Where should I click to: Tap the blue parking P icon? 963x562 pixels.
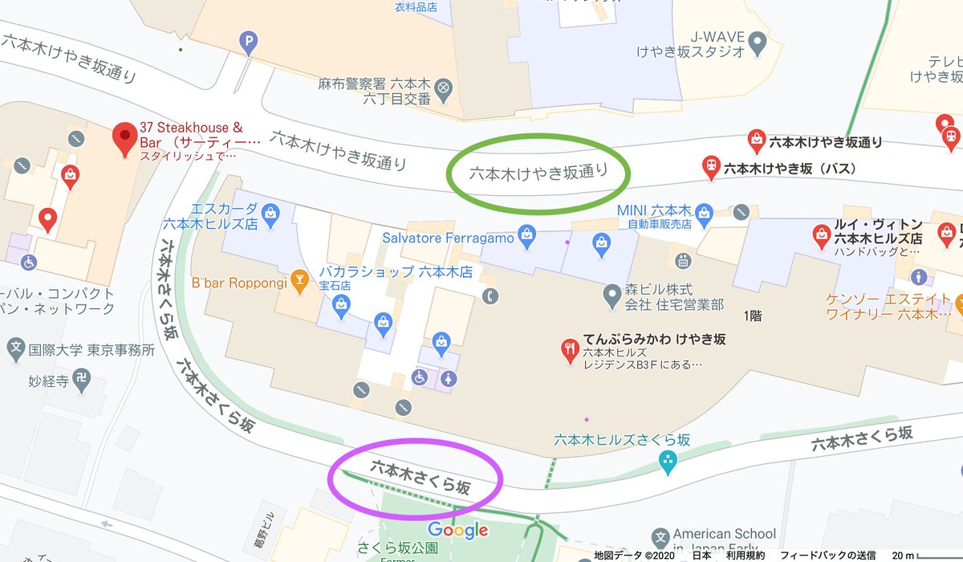coord(249,41)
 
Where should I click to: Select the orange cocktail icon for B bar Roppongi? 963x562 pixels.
coord(299,279)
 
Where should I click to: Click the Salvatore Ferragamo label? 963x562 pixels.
coord(448,238)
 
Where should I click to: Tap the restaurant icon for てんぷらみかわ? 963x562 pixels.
coord(569,349)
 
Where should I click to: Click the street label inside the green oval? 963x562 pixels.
coord(538,172)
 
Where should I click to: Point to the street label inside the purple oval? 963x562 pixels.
coord(419,476)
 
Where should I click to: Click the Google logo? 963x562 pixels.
coord(457,530)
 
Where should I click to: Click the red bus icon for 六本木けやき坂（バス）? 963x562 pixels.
coord(710,167)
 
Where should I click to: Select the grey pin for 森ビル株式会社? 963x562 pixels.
coord(612,295)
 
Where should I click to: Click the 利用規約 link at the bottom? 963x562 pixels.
coord(746,555)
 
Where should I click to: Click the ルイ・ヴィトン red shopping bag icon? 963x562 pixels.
coord(821,234)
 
